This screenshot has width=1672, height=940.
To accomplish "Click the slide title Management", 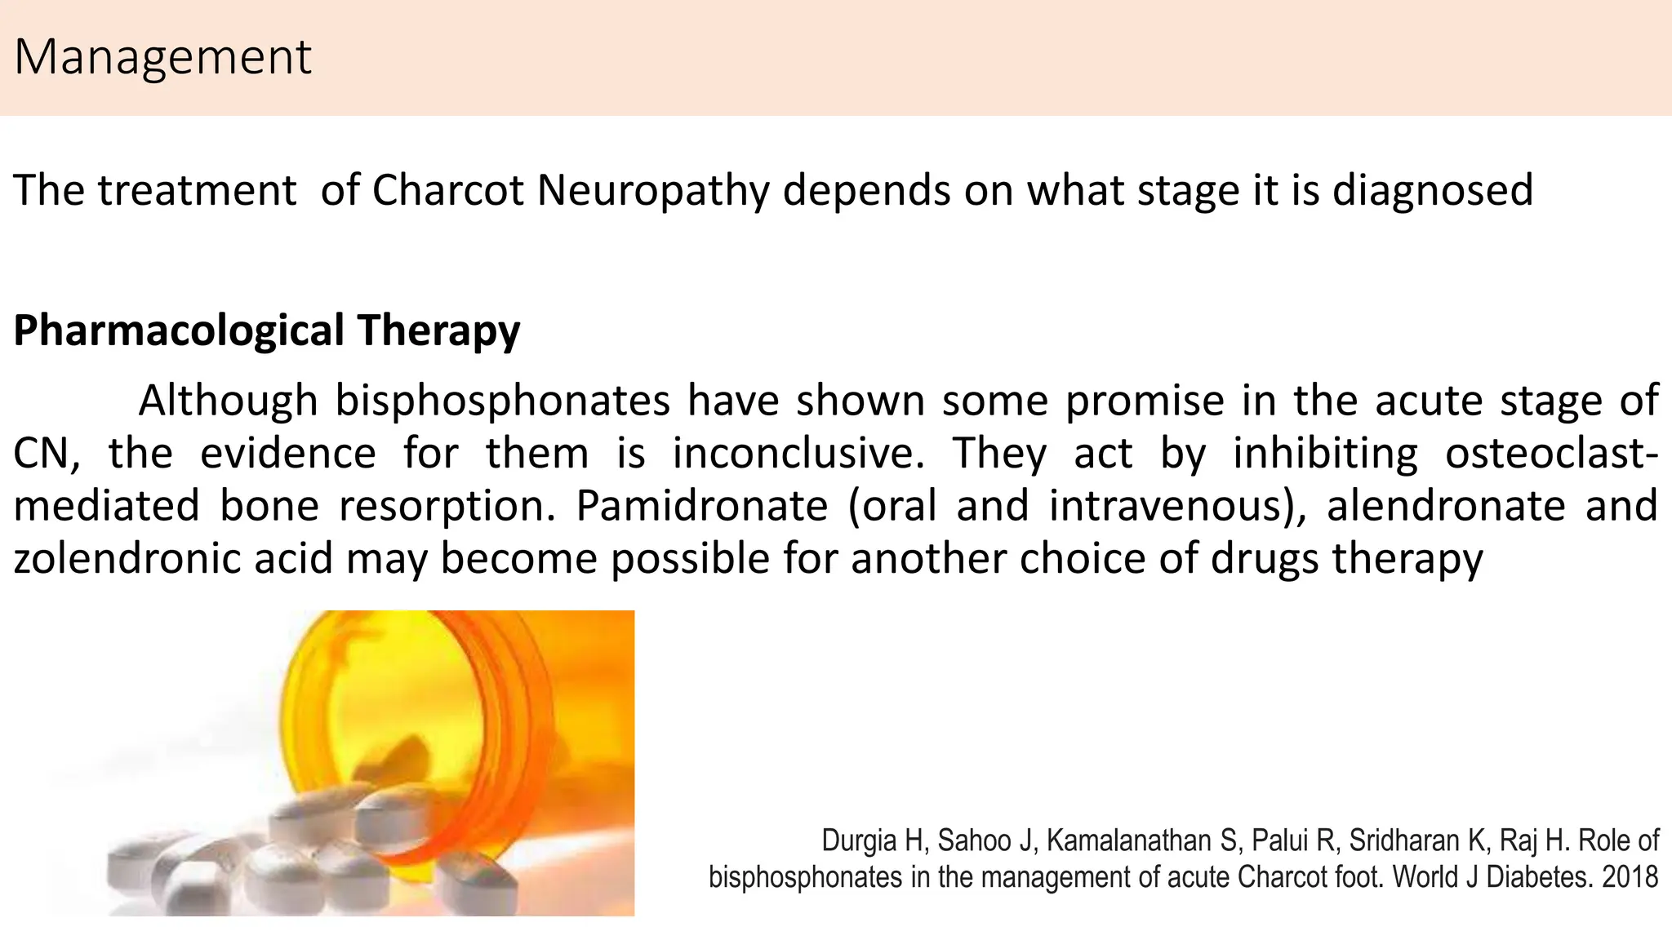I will coord(163,57).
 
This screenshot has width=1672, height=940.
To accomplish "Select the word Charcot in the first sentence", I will coord(447,190).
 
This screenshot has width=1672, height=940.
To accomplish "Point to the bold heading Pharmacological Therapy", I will coord(267,330).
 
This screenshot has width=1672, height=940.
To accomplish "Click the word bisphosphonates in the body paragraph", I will coord(502,401).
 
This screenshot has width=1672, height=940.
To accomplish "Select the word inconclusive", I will coord(798,454).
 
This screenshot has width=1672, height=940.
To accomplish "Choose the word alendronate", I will coord(1446,506).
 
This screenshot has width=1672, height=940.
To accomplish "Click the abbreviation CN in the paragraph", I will coord(46,454).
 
